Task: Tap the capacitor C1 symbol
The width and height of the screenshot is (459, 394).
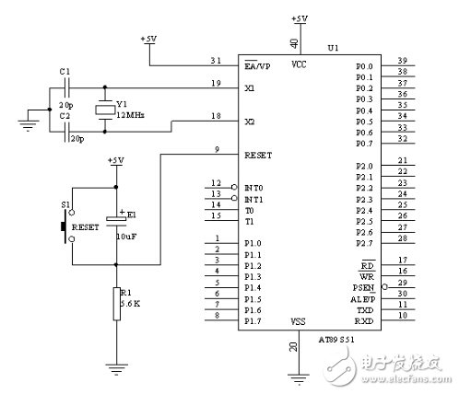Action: (x=65, y=87)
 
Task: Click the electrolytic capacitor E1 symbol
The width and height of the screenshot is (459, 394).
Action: (x=116, y=219)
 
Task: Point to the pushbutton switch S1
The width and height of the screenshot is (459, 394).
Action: (x=65, y=224)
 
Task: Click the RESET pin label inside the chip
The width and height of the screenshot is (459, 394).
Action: (x=260, y=155)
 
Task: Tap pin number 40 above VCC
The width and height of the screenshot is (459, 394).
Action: (x=295, y=42)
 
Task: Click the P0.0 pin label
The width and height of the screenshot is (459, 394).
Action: (x=364, y=66)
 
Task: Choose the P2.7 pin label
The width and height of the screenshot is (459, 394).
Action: (x=364, y=242)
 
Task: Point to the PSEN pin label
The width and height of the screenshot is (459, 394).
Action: (x=362, y=287)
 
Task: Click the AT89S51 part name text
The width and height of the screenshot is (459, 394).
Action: (x=335, y=339)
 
